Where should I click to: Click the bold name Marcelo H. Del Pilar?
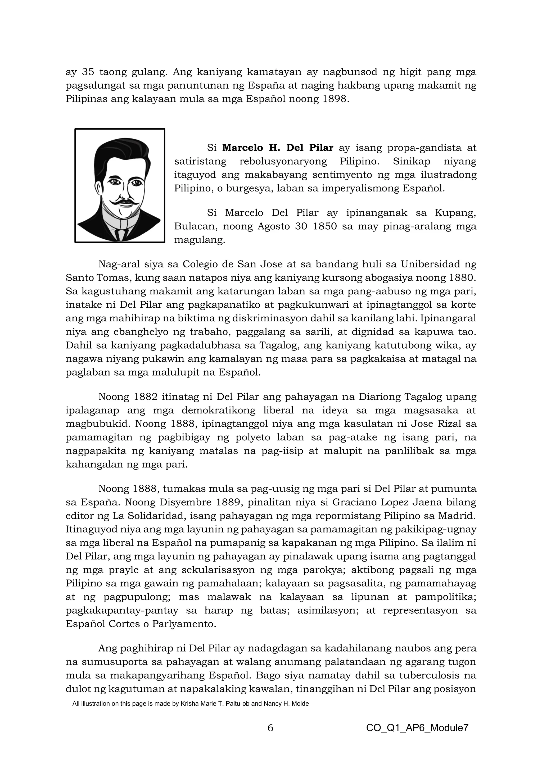click(278, 148)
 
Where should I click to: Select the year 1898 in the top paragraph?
click(335, 99)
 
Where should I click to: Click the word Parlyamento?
click(184, 624)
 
